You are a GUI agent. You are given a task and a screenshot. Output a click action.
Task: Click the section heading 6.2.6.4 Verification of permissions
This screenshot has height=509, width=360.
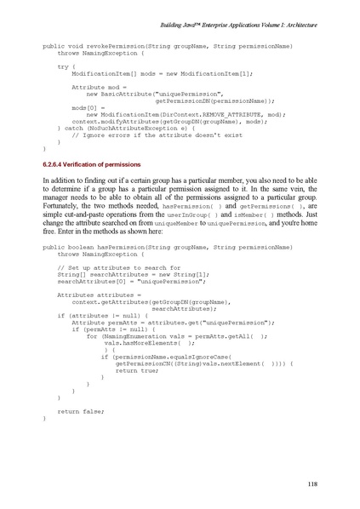coord(91,163)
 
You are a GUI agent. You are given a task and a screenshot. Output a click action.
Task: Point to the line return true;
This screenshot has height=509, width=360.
coord(136,370)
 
